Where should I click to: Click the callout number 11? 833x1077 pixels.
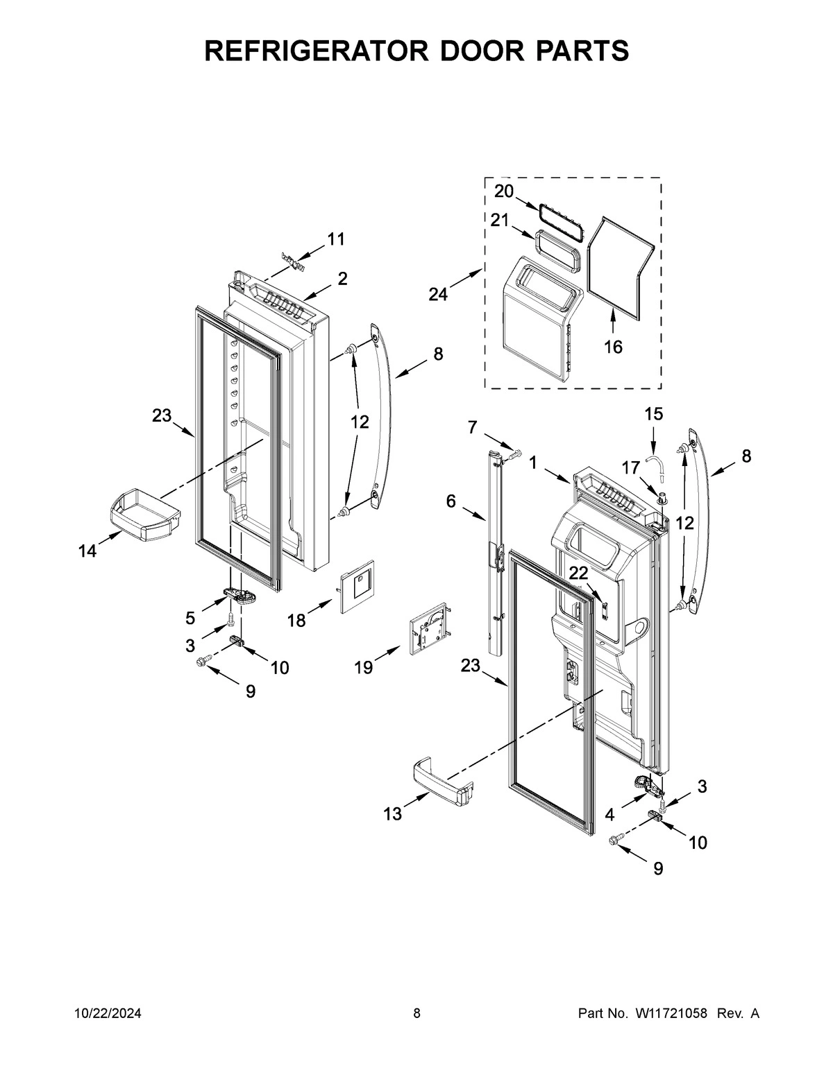pyautogui.click(x=336, y=239)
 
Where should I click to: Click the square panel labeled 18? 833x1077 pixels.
pyautogui.click(x=357, y=587)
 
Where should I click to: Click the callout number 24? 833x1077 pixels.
pyautogui.click(x=438, y=294)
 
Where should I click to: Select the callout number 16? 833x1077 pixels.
pyautogui.click(x=613, y=345)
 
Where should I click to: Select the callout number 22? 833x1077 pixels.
pyautogui.click(x=578, y=572)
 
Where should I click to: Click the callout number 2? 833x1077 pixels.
pyautogui.click(x=343, y=279)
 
